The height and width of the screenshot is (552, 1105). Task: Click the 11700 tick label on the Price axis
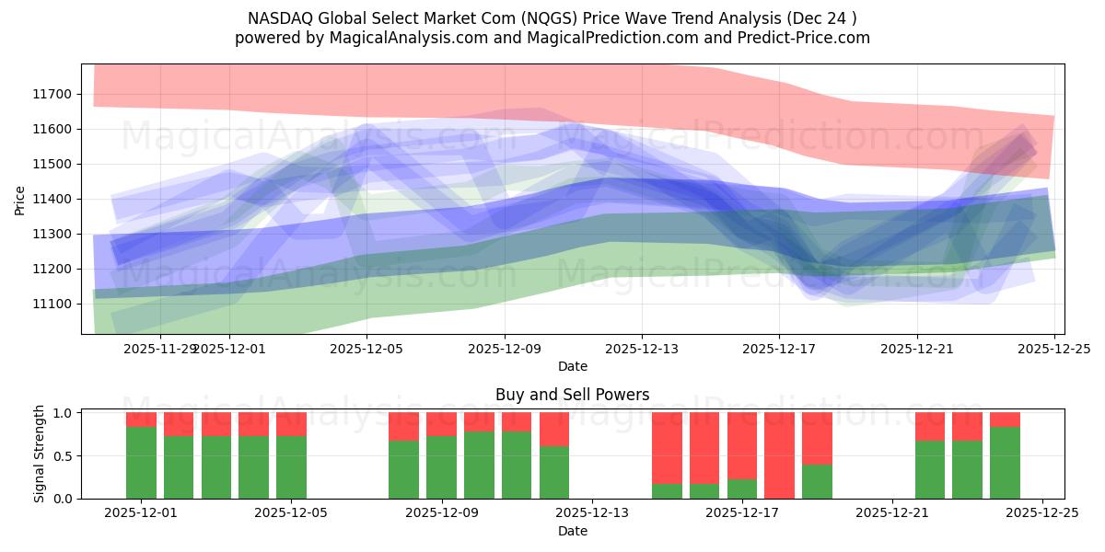click(52, 94)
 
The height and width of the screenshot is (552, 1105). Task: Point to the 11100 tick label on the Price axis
click(52, 304)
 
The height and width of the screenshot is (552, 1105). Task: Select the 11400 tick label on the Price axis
click(52, 199)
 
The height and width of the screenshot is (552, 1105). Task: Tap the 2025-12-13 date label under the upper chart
click(642, 349)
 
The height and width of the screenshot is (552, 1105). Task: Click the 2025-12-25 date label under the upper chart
click(1054, 349)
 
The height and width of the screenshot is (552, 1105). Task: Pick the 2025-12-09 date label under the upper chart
click(505, 349)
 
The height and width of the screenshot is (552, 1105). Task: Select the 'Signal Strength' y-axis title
click(40, 454)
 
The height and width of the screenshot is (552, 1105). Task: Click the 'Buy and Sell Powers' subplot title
click(572, 395)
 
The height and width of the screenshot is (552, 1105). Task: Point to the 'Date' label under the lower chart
click(572, 531)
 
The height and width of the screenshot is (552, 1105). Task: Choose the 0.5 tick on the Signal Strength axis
click(64, 456)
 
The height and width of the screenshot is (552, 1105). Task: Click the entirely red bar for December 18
click(779, 455)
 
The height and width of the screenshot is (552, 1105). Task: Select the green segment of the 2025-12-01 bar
click(141, 463)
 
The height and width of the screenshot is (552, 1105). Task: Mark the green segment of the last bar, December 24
click(1005, 463)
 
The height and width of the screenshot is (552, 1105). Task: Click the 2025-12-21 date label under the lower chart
click(892, 513)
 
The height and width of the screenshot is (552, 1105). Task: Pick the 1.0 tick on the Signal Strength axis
click(64, 413)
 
